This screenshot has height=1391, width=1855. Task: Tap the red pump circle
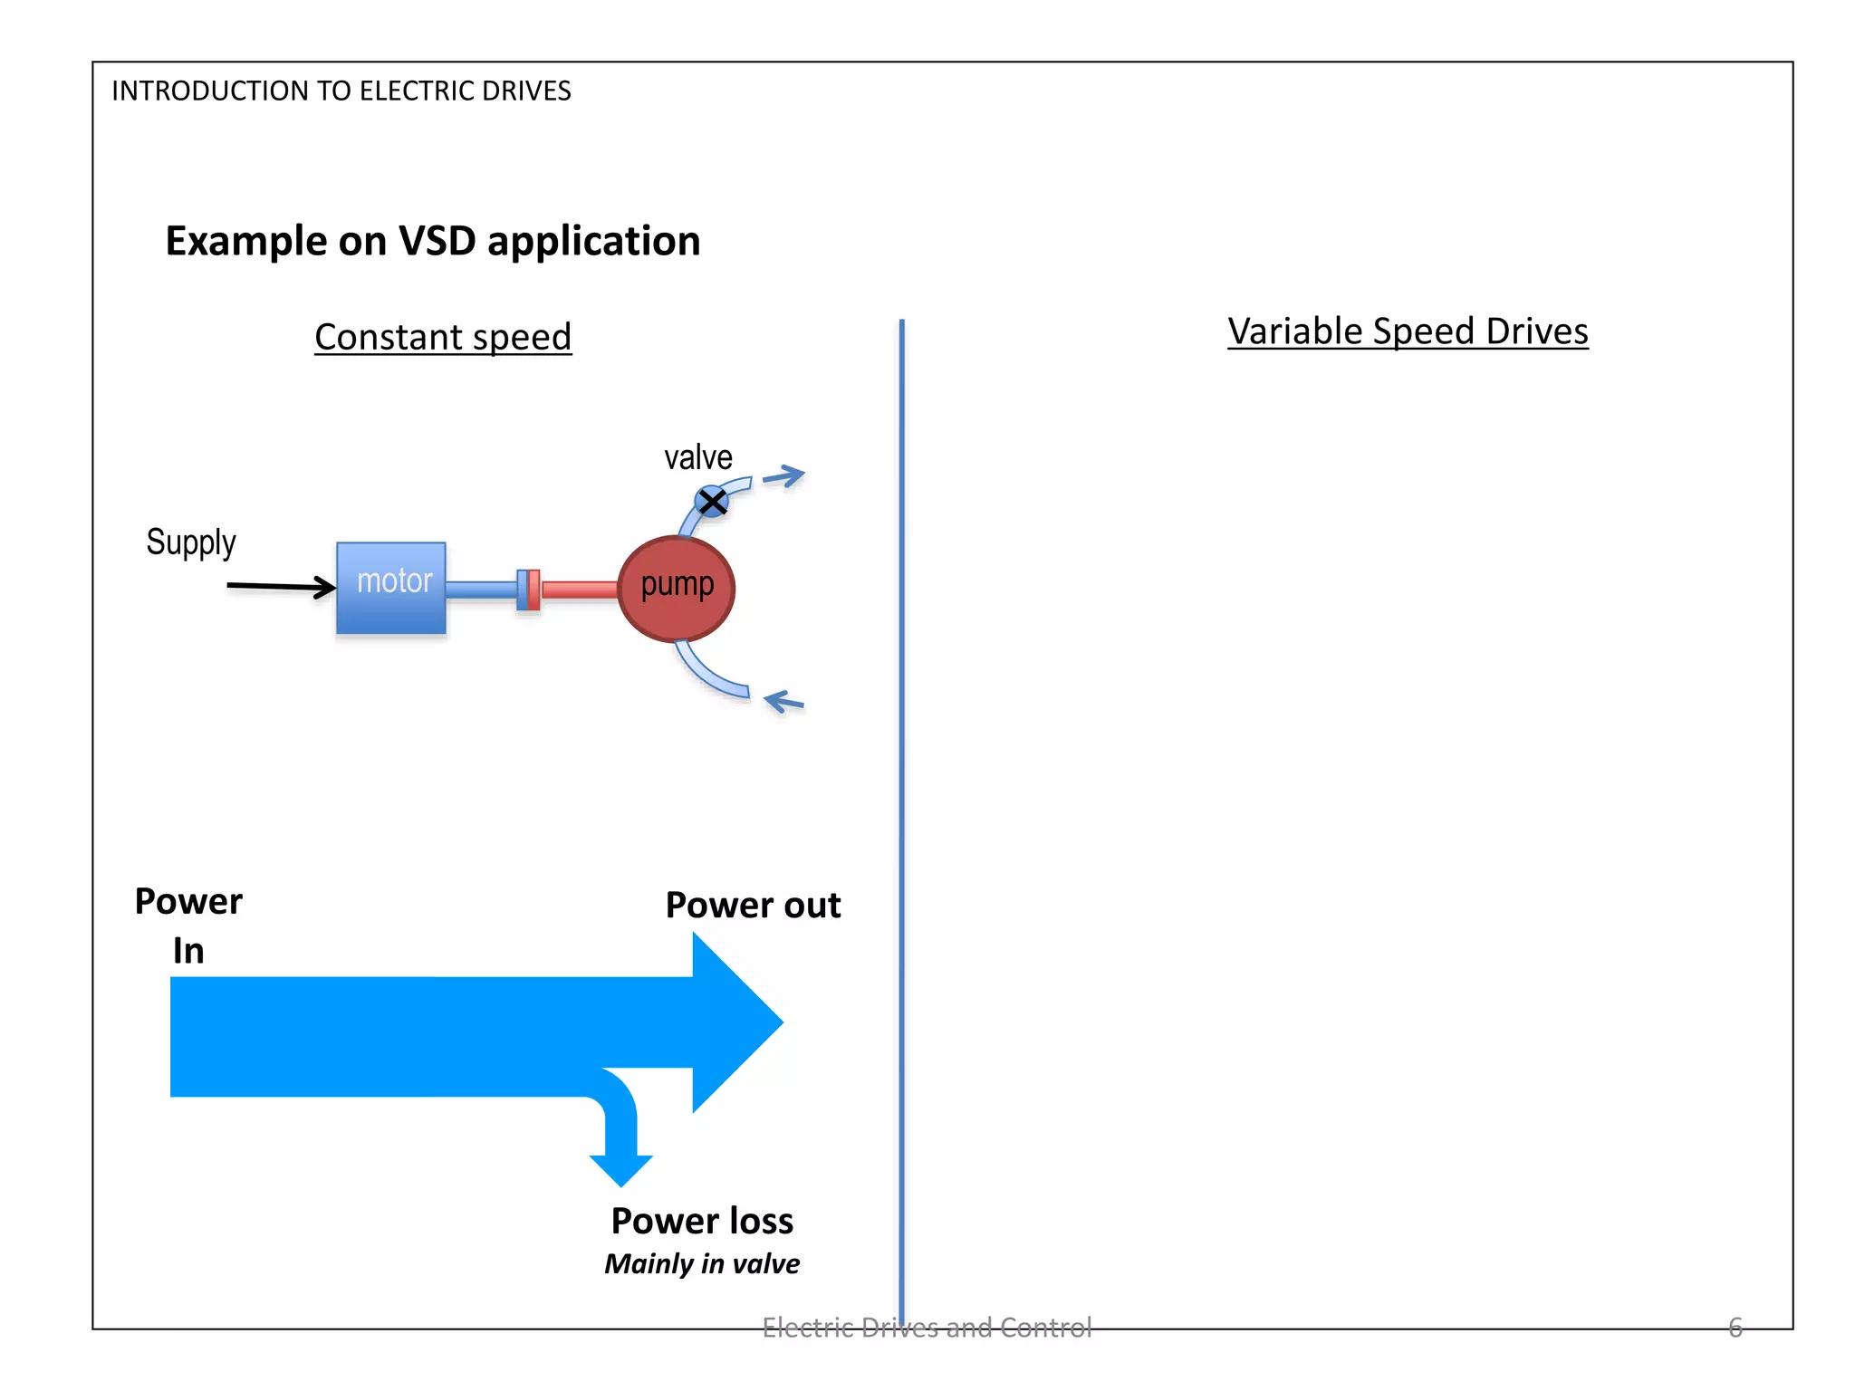(x=677, y=589)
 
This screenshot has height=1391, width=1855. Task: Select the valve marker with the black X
(x=712, y=501)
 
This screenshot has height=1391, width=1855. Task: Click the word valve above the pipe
(x=697, y=457)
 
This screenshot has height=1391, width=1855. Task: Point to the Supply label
(x=191, y=542)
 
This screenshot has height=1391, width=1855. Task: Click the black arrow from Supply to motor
(x=281, y=587)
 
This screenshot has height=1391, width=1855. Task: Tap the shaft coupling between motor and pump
(x=528, y=590)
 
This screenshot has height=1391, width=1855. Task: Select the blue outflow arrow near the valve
(x=784, y=476)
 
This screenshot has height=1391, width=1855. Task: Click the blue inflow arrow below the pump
(x=784, y=701)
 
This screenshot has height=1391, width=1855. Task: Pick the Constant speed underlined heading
(x=443, y=337)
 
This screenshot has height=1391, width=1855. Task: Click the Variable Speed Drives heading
(x=1408, y=331)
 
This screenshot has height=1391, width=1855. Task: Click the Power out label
(x=753, y=905)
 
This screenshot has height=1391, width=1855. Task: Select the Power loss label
(x=702, y=1221)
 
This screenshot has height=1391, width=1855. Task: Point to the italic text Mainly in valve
(x=702, y=1263)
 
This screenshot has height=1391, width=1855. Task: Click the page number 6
(x=1735, y=1327)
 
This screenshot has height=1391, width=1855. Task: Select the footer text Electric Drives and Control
(x=927, y=1327)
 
